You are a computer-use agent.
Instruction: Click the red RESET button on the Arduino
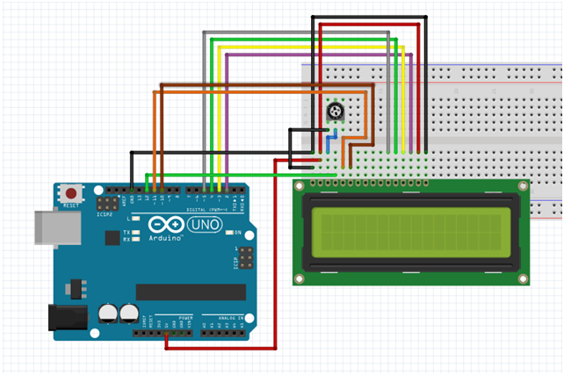pyautogui.click(x=69, y=191)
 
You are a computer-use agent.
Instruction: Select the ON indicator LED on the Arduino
pyautogui.click(x=227, y=233)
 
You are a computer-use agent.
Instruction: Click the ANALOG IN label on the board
pyautogui.click(x=219, y=316)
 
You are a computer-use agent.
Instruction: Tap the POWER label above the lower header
pyautogui.click(x=185, y=316)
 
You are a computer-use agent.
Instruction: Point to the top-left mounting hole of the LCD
pyautogui.click(x=300, y=186)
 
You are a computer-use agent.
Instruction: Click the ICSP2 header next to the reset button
pyautogui.click(x=114, y=201)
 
